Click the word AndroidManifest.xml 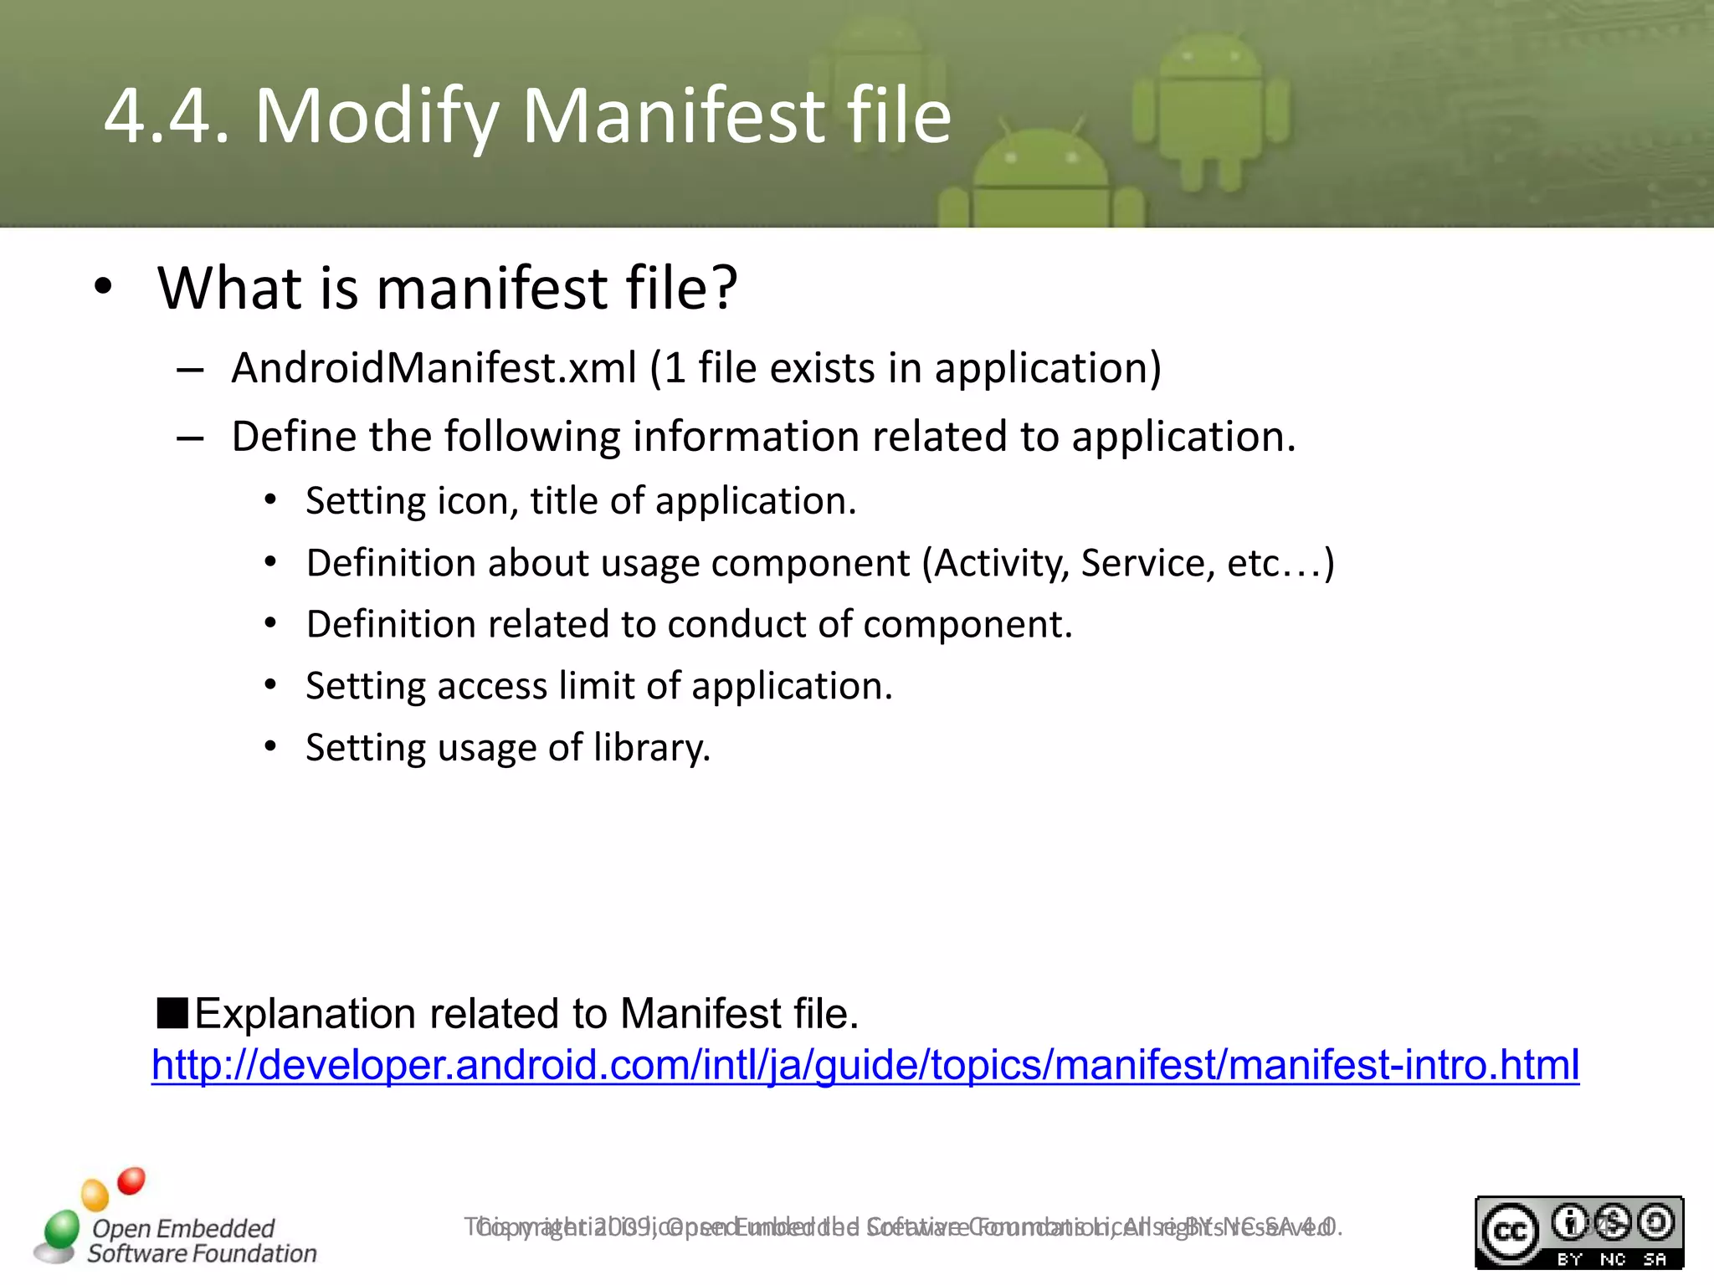click(434, 368)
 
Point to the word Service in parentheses click(1147, 563)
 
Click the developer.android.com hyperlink click(865, 1065)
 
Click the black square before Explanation click(172, 1013)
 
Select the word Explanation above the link click(305, 1014)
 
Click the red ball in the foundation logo click(131, 1180)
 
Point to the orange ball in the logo click(95, 1195)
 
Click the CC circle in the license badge click(1510, 1232)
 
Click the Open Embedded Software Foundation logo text click(201, 1241)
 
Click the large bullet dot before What click(102, 286)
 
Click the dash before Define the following click(190, 438)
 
